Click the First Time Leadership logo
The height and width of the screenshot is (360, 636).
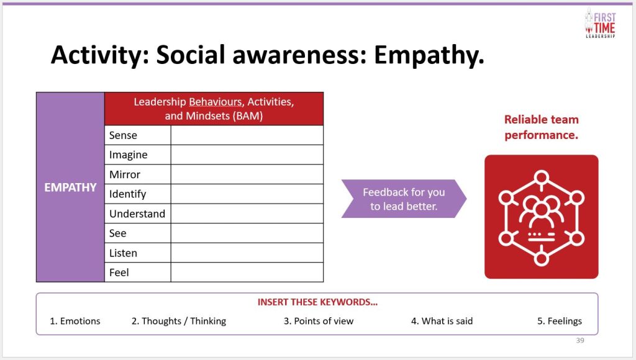(x=600, y=24)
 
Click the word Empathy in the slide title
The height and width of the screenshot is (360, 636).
(x=429, y=55)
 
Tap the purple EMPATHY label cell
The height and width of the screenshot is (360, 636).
(x=71, y=187)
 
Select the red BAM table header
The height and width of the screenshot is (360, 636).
(x=214, y=109)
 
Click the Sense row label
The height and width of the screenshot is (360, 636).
(x=124, y=135)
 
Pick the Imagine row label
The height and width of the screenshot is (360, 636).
(x=128, y=155)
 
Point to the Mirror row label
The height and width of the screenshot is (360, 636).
(x=124, y=175)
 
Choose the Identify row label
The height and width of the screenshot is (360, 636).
(x=127, y=194)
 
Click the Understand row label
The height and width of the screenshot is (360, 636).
(x=137, y=214)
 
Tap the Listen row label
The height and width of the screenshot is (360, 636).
(x=124, y=253)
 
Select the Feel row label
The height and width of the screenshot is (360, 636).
(x=119, y=272)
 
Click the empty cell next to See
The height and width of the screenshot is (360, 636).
(x=247, y=233)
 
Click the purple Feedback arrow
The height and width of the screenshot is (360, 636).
(x=404, y=199)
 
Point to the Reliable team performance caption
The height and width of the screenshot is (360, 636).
(x=541, y=127)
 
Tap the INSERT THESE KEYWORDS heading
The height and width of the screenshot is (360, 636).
(x=317, y=302)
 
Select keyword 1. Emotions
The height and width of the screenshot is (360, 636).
(x=75, y=321)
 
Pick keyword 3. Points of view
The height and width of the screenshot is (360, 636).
(x=319, y=321)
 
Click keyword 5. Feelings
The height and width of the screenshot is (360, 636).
(x=560, y=321)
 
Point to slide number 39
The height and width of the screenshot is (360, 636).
(x=580, y=341)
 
